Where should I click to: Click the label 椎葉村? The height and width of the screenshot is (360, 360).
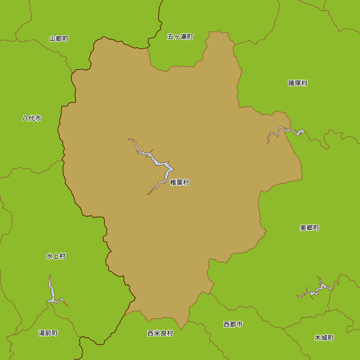pos(180,183)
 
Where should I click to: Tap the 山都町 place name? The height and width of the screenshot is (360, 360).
pos(59,39)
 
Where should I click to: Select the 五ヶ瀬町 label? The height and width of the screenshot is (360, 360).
pos(180,37)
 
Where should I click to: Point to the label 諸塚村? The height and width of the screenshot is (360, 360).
pos(298,83)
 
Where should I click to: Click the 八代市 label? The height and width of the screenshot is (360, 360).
pos(32,118)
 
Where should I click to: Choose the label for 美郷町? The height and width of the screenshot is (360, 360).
pos(310,228)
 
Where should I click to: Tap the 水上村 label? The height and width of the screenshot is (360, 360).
pos(56,256)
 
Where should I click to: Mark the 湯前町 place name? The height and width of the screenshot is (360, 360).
pos(48,333)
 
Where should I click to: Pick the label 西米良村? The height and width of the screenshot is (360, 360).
pos(160,333)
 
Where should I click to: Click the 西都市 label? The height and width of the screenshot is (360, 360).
pos(233,324)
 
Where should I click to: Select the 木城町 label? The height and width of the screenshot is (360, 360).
pos(324,338)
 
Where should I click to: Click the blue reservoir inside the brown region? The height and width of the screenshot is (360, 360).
pos(158,163)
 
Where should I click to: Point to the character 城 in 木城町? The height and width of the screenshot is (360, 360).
pos(324,338)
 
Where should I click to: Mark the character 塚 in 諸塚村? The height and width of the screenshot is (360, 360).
pos(298,83)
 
